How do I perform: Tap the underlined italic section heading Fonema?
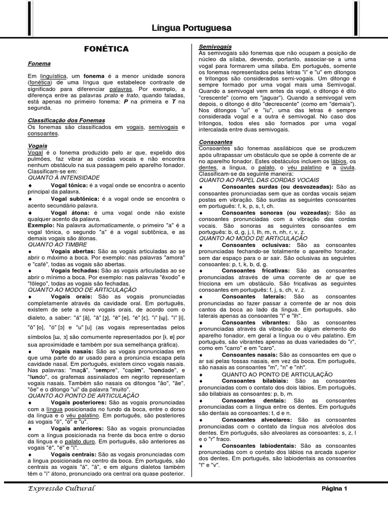pos(39,64)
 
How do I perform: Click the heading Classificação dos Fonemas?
pos(66,120)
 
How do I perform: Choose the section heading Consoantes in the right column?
pos(216,142)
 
